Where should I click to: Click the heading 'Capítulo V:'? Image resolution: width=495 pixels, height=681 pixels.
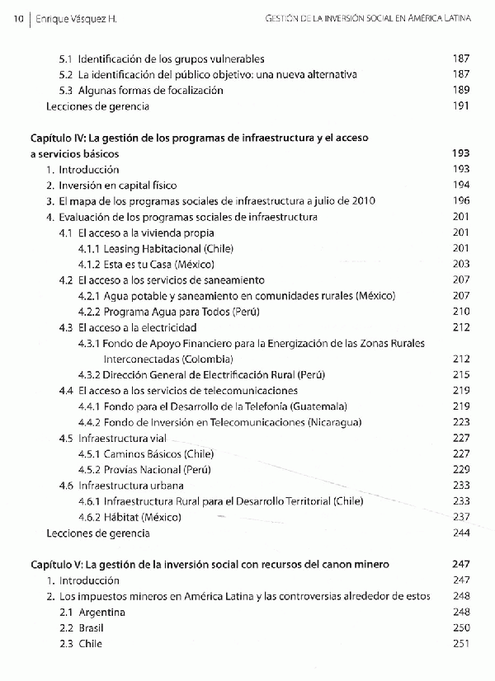coord(56,565)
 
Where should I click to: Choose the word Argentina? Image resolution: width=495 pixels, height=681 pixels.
coord(102,613)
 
